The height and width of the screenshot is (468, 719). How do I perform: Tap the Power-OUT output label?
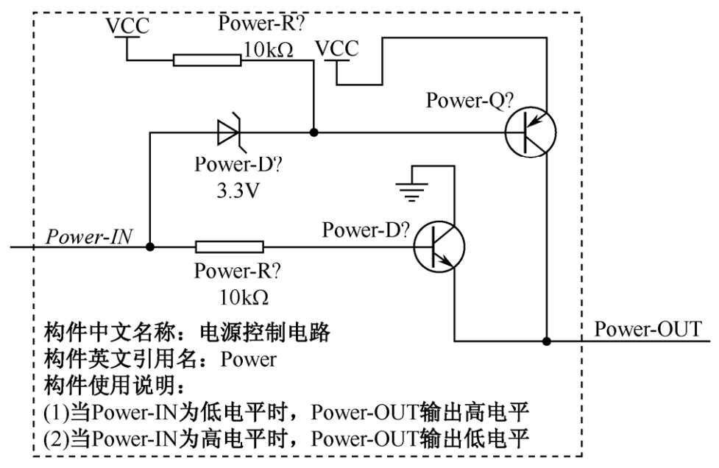(648, 328)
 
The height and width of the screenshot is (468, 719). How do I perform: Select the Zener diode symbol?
(228, 133)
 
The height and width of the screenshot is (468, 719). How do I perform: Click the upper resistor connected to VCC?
(205, 60)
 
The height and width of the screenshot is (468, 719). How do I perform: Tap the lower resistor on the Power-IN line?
(229, 247)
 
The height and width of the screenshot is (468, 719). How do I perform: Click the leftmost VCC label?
(127, 26)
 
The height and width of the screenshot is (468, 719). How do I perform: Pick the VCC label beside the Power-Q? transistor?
(337, 49)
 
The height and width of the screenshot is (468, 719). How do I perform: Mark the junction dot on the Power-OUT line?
(546, 341)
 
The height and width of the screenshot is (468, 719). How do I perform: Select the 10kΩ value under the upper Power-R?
(268, 49)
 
